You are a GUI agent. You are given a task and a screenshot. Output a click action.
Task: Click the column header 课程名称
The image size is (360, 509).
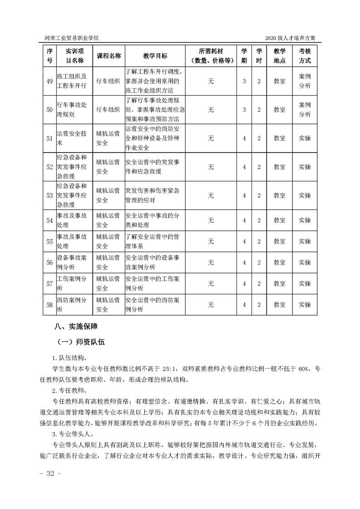click(108, 56)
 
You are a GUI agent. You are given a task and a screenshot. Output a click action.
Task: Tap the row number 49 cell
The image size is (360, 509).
click(49, 81)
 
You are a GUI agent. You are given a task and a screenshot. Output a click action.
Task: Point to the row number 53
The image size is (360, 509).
click(49, 195)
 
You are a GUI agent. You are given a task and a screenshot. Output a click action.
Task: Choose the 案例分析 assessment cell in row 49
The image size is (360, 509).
click(305, 81)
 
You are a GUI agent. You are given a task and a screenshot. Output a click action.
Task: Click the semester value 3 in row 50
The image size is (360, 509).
click(244, 110)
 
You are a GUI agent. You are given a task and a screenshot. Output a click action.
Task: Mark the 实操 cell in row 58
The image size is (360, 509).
click(305, 305)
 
